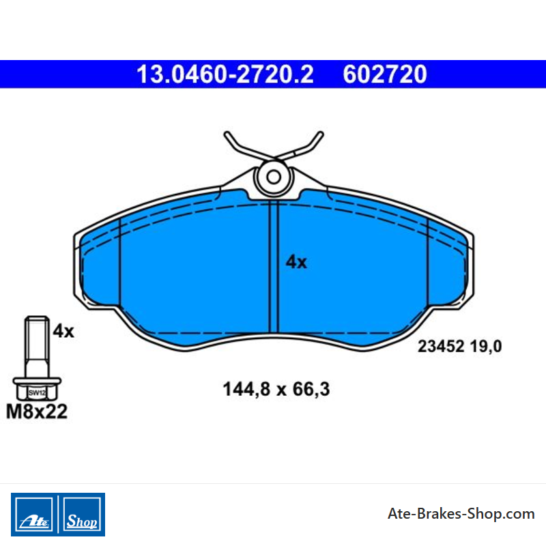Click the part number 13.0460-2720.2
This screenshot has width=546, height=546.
click(225, 74)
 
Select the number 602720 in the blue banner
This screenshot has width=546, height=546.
click(385, 74)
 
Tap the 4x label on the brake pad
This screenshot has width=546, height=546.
click(296, 262)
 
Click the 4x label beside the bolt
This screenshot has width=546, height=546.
click(63, 331)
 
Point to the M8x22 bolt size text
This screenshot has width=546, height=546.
click(37, 412)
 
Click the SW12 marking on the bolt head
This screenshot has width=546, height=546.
click(37, 393)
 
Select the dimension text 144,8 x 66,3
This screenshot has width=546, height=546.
click(276, 389)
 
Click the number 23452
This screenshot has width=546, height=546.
click(441, 347)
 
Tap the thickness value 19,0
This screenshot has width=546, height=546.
click(486, 347)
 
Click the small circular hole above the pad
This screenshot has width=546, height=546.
click(274, 177)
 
